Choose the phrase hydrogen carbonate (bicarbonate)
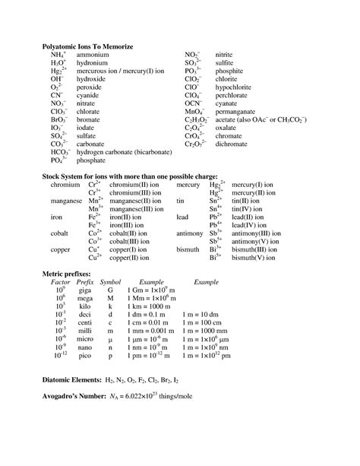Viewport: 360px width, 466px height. click(128, 152)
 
